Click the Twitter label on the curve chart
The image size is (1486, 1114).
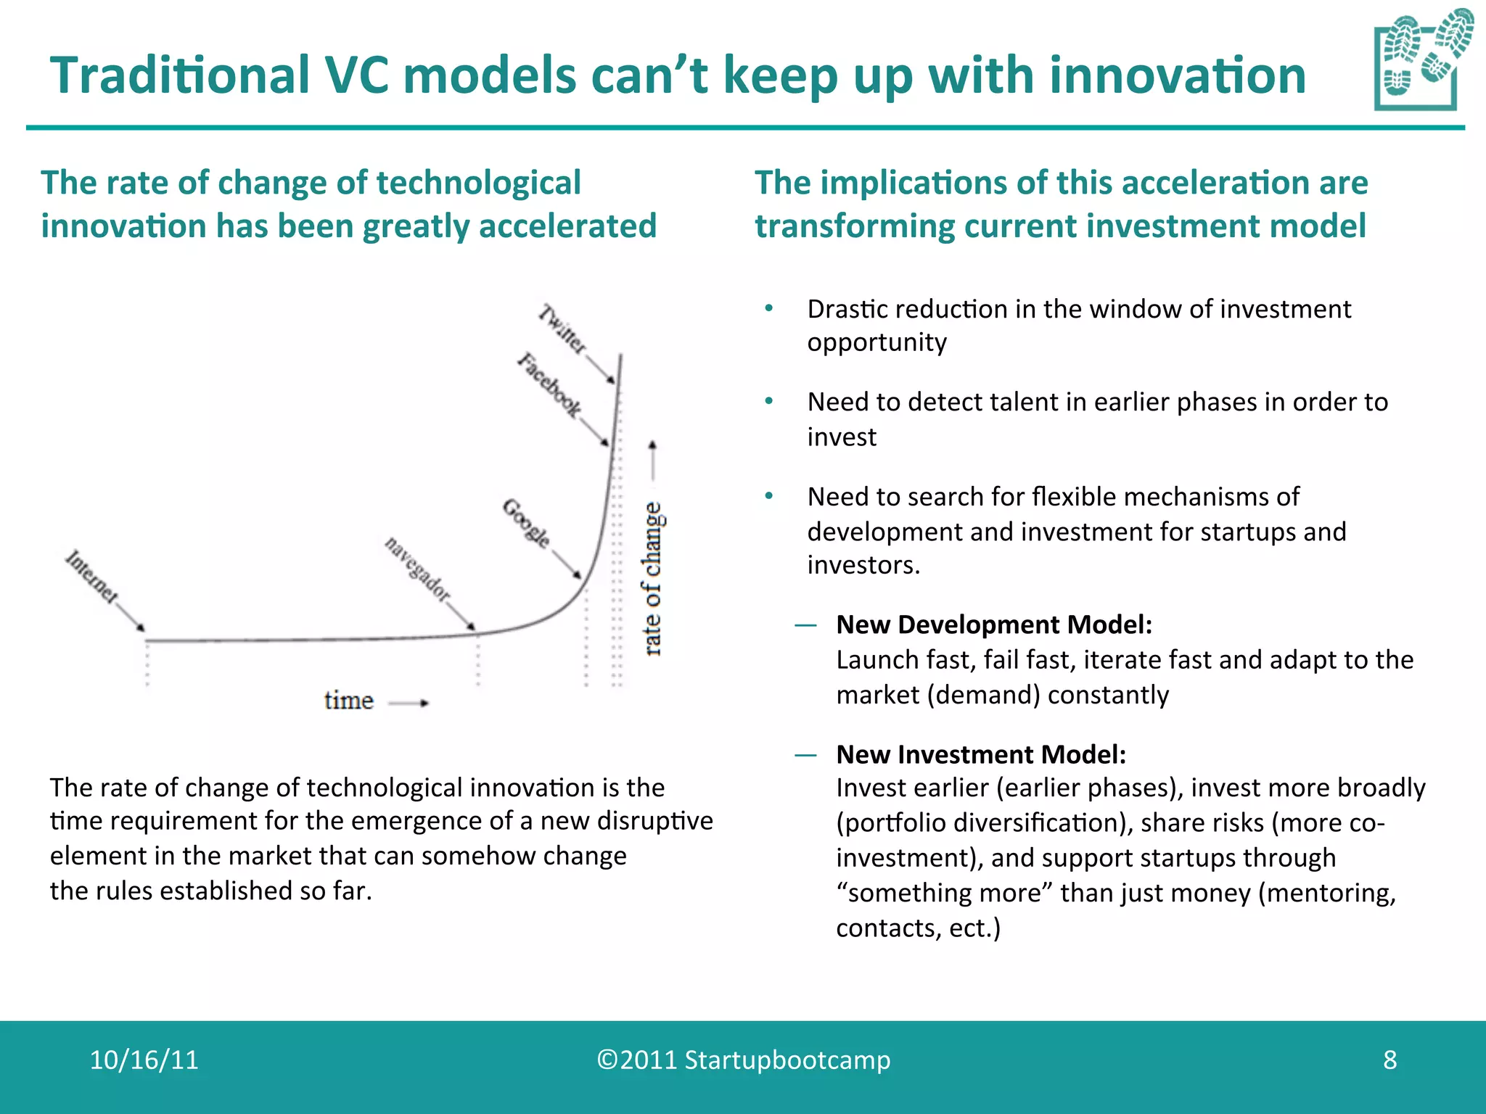pyautogui.click(x=562, y=330)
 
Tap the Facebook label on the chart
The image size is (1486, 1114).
pyautogui.click(x=549, y=385)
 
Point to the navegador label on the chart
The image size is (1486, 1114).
pyautogui.click(x=417, y=569)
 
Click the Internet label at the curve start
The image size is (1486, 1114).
pyautogui.click(x=91, y=577)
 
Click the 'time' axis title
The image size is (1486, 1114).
pyautogui.click(x=349, y=701)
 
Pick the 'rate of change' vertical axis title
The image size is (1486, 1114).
pyautogui.click(x=653, y=578)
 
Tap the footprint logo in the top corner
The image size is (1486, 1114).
pyautogui.click(x=1421, y=60)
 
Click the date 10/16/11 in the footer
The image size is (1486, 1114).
pyautogui.click(x=144, y=1060)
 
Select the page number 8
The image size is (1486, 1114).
pyautogui.click(x=1389, y=1060)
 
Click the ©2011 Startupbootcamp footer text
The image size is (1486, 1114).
pyautogui.click(x=743, y=1060)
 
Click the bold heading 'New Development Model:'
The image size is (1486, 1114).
pyautogui.click(x=993, y=624)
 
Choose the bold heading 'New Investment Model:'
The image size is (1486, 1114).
pyautogui.click(x=980, y=754)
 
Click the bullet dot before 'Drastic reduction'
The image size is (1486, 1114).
pyautogui.click(x=768, y=309)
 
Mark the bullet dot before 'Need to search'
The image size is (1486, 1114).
pyautogui.click(x=768, y=497)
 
